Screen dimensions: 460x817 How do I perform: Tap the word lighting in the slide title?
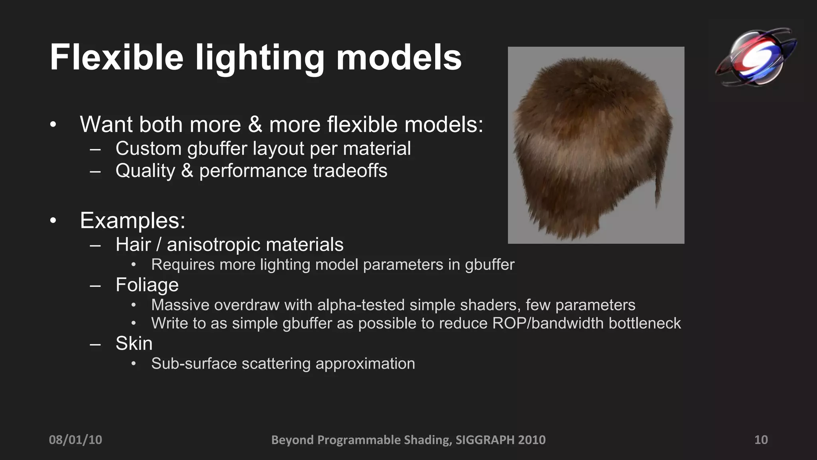(x=260, y=58)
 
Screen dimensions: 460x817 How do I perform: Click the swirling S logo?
(x=756, y=56)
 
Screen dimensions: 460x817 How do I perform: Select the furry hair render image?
(x=596, y=145)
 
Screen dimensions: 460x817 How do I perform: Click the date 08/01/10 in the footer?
(x=75, y=440)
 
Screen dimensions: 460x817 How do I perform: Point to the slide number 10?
(x=761, y=440)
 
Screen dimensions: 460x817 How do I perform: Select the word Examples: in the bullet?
(x=132, y=220)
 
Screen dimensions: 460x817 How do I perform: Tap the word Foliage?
(x=147, y=285)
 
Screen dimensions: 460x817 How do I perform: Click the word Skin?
(x=134, y=343)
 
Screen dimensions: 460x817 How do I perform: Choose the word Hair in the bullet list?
(x=133, y=244)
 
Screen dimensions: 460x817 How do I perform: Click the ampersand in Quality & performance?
(x=187, y=171)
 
